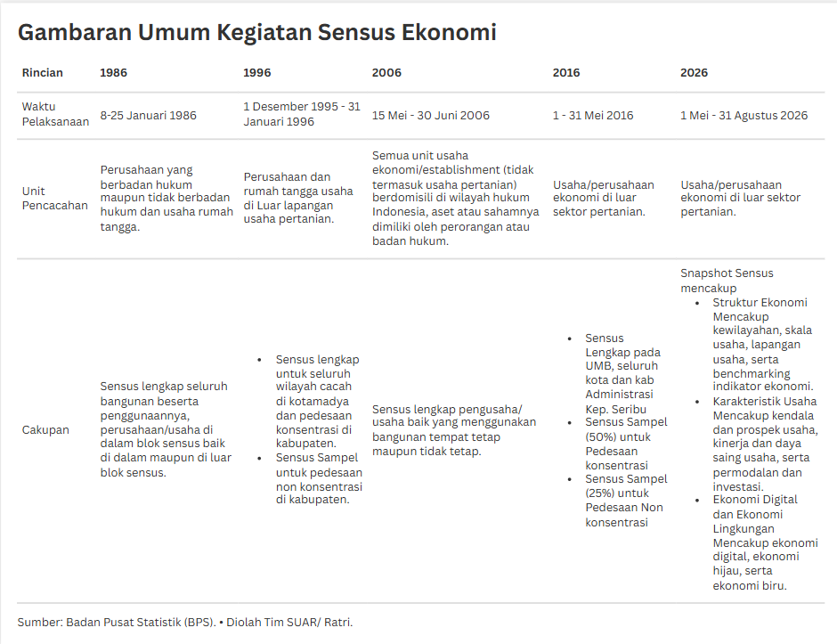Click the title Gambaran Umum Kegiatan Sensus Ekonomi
256,33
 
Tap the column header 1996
257,72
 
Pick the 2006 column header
386,72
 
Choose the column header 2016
566,72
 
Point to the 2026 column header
694,72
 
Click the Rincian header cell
43,72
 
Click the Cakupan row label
45,430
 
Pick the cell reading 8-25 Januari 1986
149,115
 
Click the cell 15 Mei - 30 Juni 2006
431,115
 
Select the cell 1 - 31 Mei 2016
593,115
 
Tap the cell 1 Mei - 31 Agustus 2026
744,115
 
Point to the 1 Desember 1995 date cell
302,114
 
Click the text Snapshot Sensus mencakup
727,281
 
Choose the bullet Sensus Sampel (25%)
623,501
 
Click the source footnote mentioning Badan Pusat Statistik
185,622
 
